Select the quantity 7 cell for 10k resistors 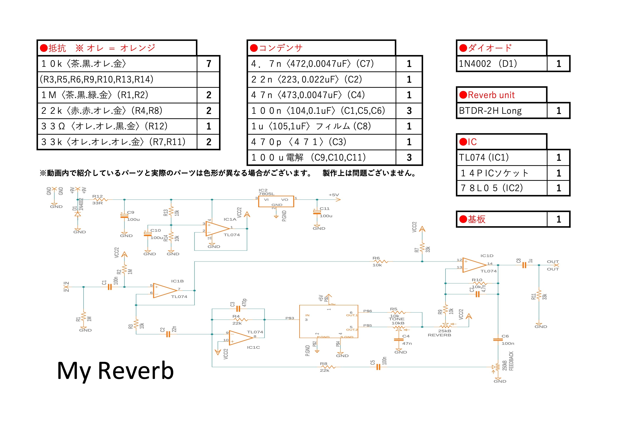(209, 64)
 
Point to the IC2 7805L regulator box (276, 201)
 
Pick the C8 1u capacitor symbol (524, 265)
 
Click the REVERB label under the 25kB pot (439, 335)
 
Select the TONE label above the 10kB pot (397, 319)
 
